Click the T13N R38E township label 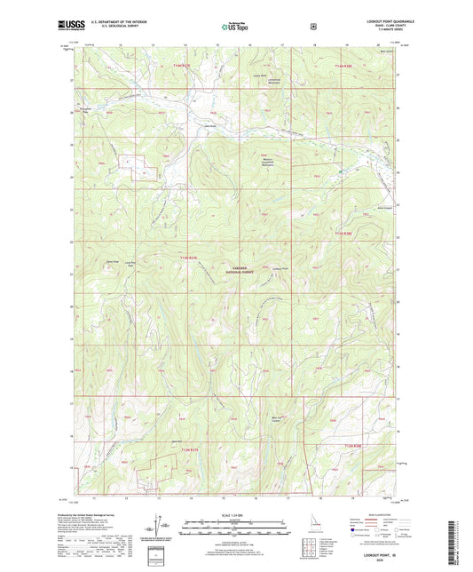tap(343, 234)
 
